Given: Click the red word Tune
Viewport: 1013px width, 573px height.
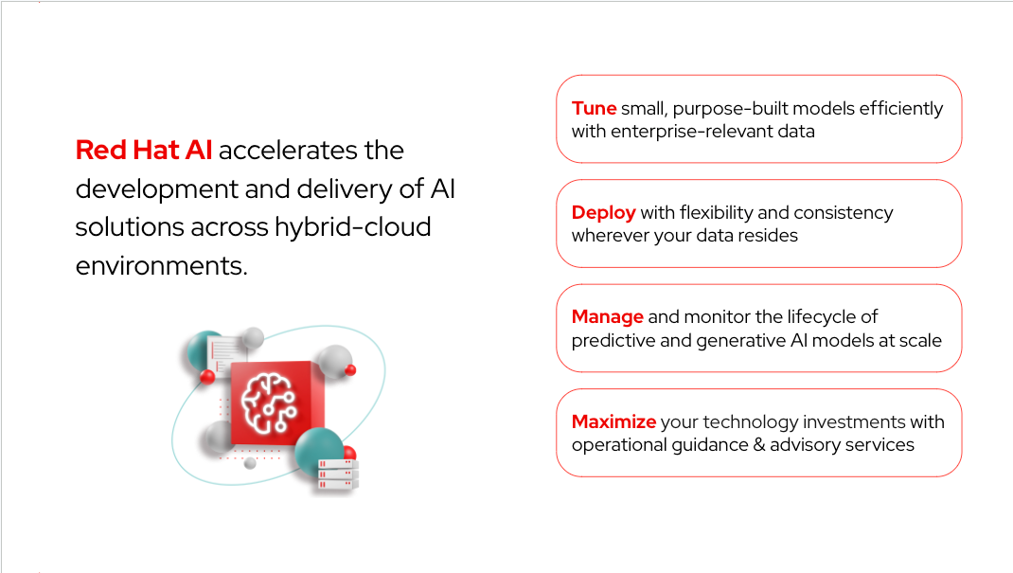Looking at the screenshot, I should tap(594, 108).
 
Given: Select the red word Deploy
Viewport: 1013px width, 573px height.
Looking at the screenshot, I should tap(603, 212).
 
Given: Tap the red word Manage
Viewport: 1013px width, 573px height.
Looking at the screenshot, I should tap(607, 317).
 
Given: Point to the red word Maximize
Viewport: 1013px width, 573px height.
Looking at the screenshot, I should tap(613, 421).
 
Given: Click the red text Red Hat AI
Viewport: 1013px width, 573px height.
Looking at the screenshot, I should tap(144, 150).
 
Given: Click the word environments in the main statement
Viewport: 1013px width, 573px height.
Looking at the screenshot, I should tap(160, 266).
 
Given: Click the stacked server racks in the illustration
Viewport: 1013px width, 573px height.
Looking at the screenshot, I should tap(338, 473).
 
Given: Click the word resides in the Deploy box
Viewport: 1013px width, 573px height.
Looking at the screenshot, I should tap(764, 235).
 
